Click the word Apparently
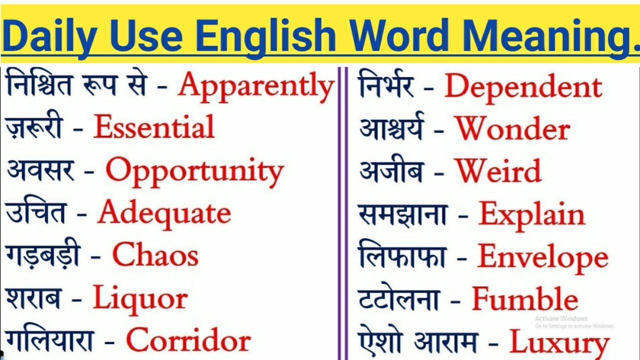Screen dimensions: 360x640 click(256, 86)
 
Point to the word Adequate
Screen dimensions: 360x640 click(164, 213)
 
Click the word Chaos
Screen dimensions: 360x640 click(155, 255)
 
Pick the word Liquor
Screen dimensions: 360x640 click(140, 299)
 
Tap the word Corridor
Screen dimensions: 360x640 click(188, 341)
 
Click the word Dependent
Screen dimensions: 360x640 click(523, 86)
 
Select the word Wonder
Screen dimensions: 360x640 click(512, 129)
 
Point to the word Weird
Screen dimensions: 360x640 click(498, 171)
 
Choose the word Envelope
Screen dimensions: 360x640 click(543, 257)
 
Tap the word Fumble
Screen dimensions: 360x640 click(525, 299)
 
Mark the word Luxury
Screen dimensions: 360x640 click(559, 343)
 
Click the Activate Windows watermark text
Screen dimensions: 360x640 click(561, 318)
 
